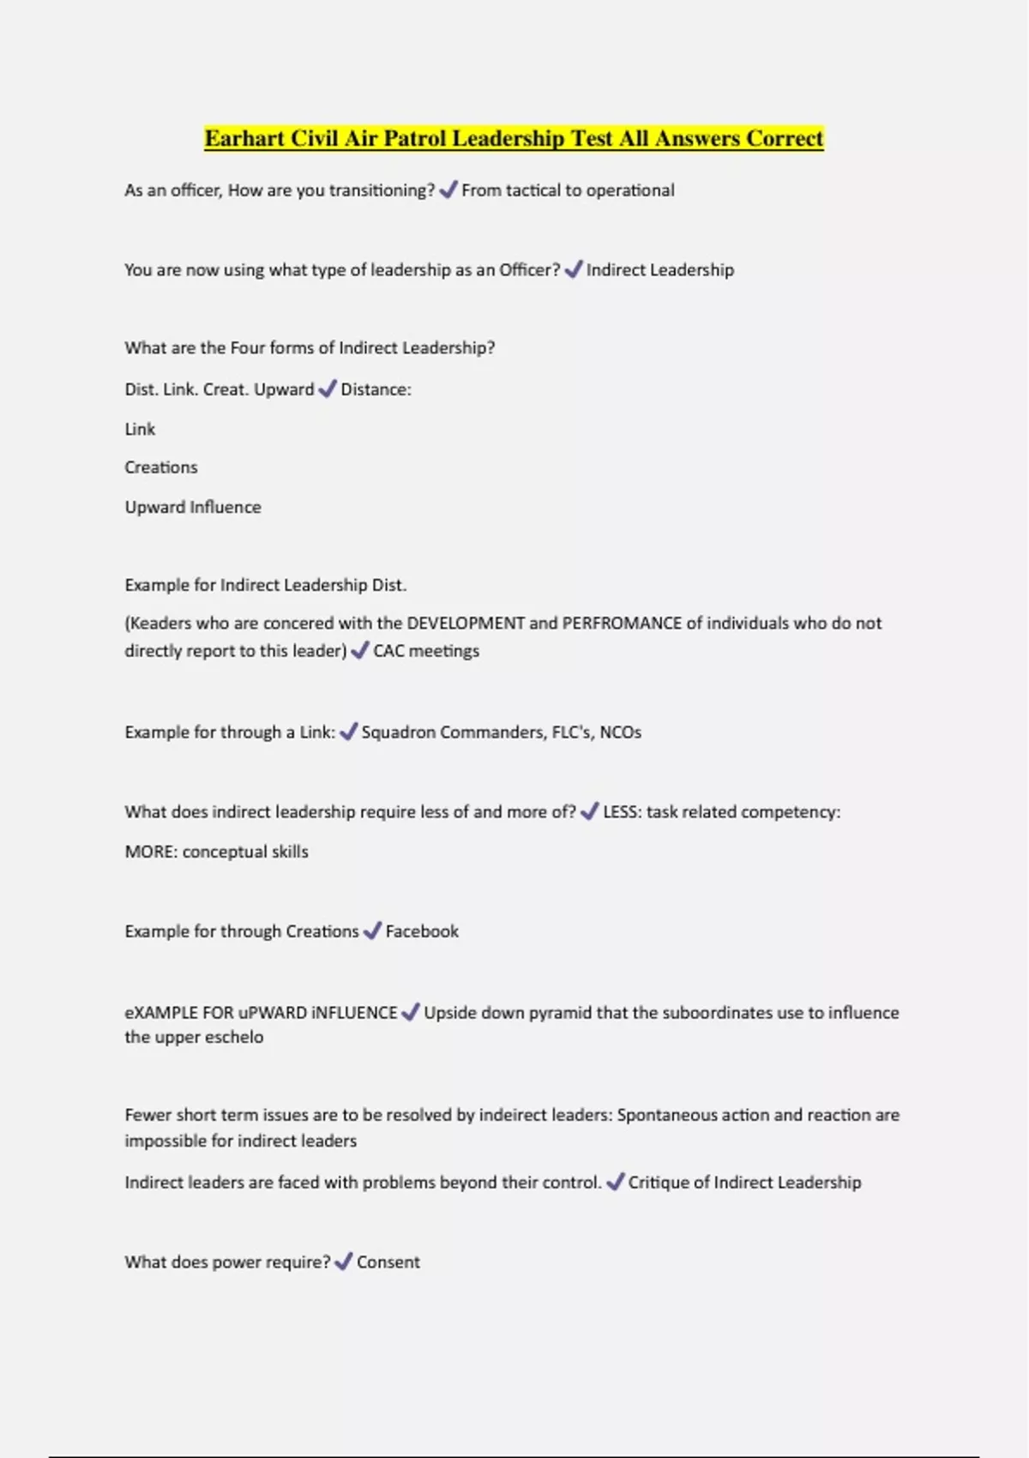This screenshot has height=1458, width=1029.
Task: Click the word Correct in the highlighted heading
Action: (785, 138)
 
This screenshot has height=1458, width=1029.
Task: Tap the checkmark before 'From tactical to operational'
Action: (448, 190)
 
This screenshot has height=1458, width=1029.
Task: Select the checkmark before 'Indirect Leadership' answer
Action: (573, 269)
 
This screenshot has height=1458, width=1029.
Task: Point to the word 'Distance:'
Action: (376, 389)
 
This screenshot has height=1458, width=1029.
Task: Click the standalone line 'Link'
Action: (140, 429)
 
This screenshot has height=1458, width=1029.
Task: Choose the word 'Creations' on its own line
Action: (161, 467)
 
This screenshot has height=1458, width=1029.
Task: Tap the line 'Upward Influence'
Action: (193, 507)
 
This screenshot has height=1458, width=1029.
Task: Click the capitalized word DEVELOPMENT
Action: (465, 624)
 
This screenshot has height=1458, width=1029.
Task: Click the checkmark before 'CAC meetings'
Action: (360, 651)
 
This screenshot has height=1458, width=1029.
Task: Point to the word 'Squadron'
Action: (399, 732)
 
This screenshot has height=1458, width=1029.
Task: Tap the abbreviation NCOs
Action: (620, 732)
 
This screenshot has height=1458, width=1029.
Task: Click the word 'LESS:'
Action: (622, 812)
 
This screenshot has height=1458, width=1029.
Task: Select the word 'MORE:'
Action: (151, 852)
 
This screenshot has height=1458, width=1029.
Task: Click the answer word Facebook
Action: (422, 931)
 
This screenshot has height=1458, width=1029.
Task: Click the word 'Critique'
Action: (658, 1183)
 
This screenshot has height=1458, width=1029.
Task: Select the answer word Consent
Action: (388, 1262)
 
